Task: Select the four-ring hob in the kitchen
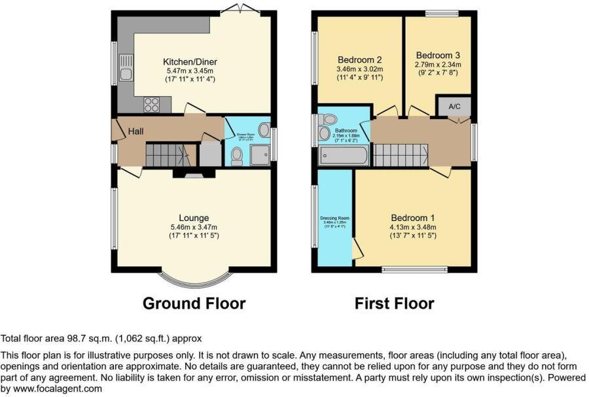pyautogui.click(x=151, y=104)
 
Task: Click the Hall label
pyautogui.click(x=135, y=131)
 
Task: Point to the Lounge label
pyautogui.click(x=194, y=218)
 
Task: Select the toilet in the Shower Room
pyautogui.click(x=237, y=155)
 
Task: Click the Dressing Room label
pyautogui.click(x=334, y=218)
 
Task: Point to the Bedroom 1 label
pyautogui.click(x=413, y=218)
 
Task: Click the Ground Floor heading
pyautogui.click(x=194, y=303)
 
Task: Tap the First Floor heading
pyautogui.click(x=394, y=303)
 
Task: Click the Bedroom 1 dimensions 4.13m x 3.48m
pyautogui.click(x=413, y=228)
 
